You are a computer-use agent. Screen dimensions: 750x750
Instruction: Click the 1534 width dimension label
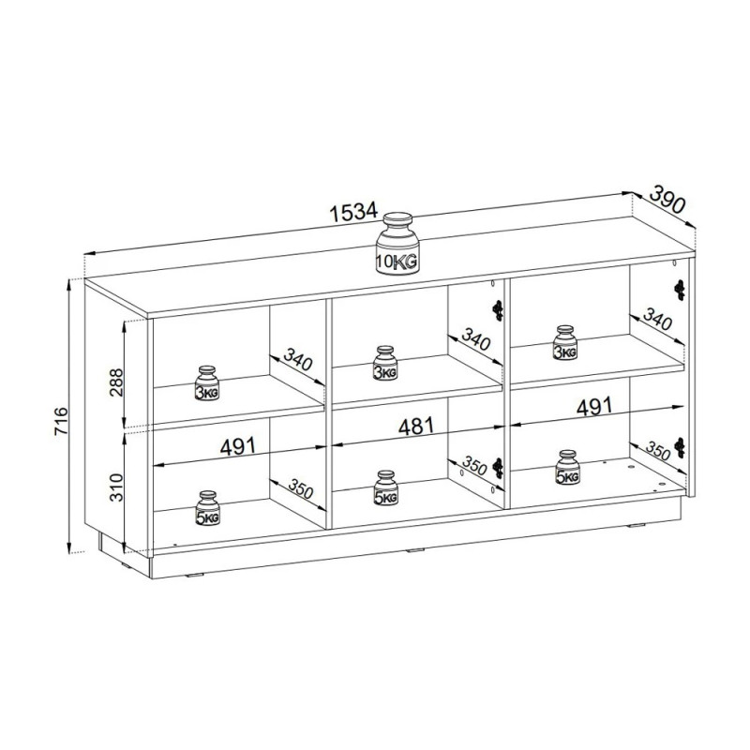[x=354, y=212]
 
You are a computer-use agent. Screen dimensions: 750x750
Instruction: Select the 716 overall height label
[x=62, y=421]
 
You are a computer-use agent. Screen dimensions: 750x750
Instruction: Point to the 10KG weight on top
[x=397, y=244]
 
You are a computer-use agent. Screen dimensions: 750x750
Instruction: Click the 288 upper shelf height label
[x=116, y=382]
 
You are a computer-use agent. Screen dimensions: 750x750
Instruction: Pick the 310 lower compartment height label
[x=116, y=487]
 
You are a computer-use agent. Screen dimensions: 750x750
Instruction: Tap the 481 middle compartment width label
[x=416, y=426]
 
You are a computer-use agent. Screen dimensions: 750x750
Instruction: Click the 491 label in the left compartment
[x=238, y=446]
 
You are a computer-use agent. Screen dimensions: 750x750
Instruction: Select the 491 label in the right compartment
[x=594, y=407]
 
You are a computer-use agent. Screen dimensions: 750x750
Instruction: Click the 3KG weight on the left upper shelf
[x=207, y=383]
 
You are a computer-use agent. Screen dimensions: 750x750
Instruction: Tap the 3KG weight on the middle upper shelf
[x=385, y=363]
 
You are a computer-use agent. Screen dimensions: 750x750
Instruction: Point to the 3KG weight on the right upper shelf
[x=565, y=342]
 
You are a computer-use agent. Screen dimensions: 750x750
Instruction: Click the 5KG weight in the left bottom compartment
[x=207, y=508]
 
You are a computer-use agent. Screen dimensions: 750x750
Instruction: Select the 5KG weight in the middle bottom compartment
[x=385, y=487]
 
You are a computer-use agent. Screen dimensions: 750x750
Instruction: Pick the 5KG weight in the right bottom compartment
[x=568, y=467]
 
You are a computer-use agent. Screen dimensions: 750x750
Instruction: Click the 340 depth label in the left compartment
[x=298, y=359]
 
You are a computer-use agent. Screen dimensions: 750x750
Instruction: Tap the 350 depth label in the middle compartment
[x=474, y=465]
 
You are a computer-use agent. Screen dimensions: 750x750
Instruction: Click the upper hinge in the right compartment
[x=679, y=290]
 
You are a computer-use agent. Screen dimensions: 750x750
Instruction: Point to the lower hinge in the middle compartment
[x=498, y=467]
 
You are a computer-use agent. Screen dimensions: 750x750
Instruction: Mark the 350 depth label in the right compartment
[x=658, y=450]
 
